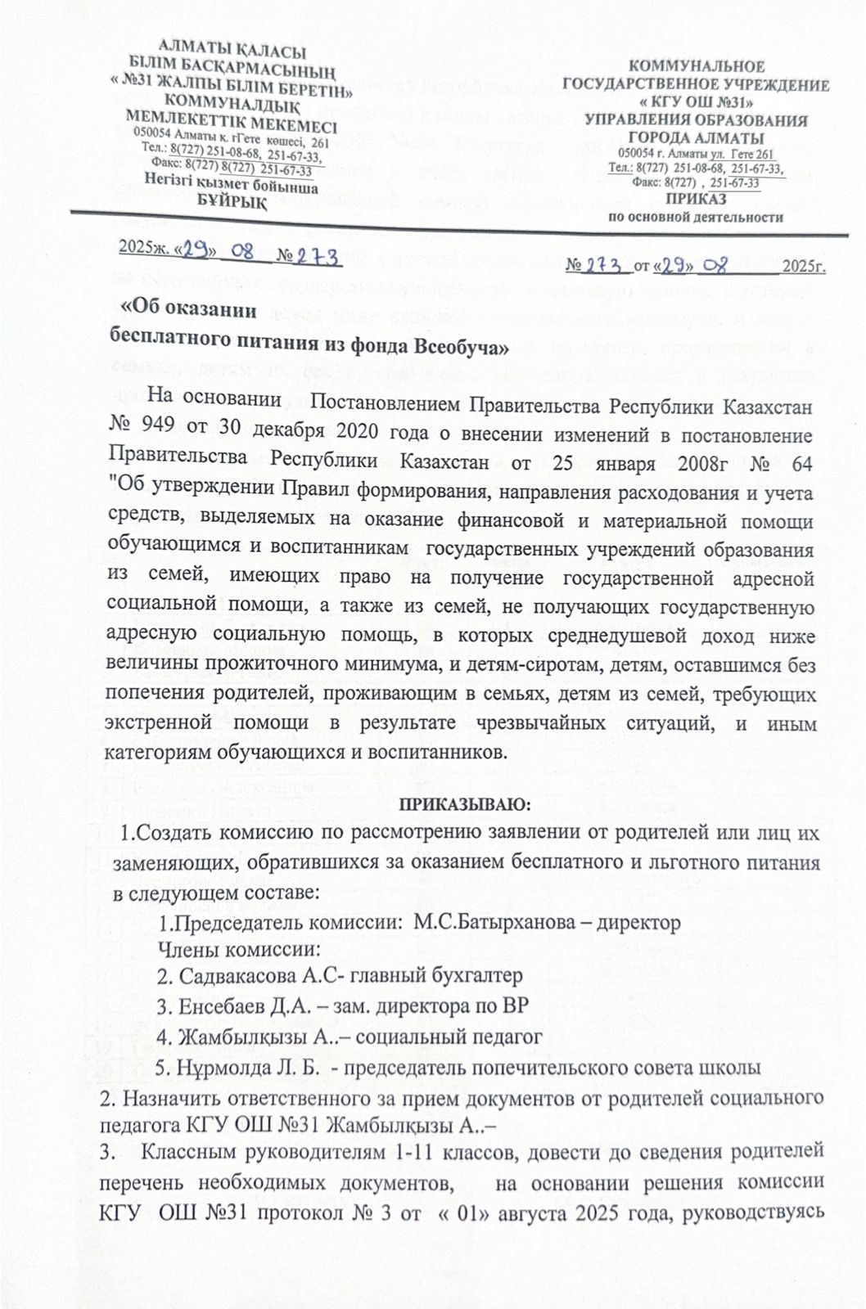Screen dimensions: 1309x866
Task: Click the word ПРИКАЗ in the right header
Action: [x=696, y=200]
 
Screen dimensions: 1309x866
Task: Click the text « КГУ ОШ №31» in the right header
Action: [x=697, y=102]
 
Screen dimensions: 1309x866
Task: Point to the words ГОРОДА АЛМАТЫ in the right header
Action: [x=697, y=137]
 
